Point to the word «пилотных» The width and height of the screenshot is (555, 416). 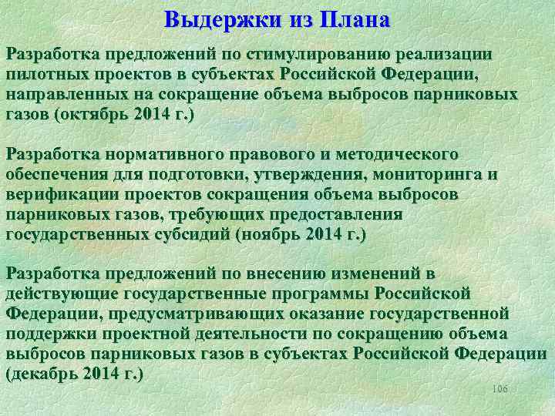click(42, 75)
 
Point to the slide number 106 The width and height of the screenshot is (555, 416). click(499, 390)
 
